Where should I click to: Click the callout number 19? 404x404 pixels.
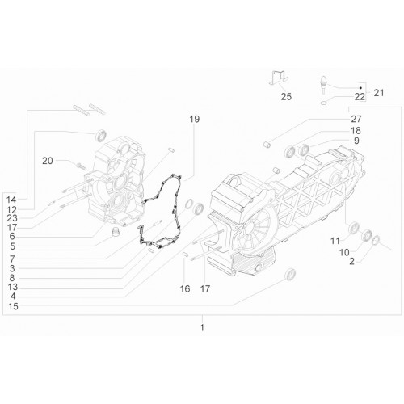194,119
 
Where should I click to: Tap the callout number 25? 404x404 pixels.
286,97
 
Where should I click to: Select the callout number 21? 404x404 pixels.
379,93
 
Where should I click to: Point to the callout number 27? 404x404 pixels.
356,119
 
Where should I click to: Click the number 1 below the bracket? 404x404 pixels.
202,328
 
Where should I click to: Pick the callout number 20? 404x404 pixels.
48,161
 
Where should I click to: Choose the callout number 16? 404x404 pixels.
185,289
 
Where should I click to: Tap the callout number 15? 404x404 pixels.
13,306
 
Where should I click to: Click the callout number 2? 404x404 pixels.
351,262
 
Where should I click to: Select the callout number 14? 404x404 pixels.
11,200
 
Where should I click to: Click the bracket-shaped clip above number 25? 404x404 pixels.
279,77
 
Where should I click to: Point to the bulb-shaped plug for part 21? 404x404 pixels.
323,85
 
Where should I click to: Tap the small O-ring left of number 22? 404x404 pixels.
324,103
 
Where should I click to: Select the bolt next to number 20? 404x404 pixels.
81,166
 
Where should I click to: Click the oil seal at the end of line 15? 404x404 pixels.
290,275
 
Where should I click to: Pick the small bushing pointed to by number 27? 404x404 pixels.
267,145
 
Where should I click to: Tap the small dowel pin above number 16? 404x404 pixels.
185,254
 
